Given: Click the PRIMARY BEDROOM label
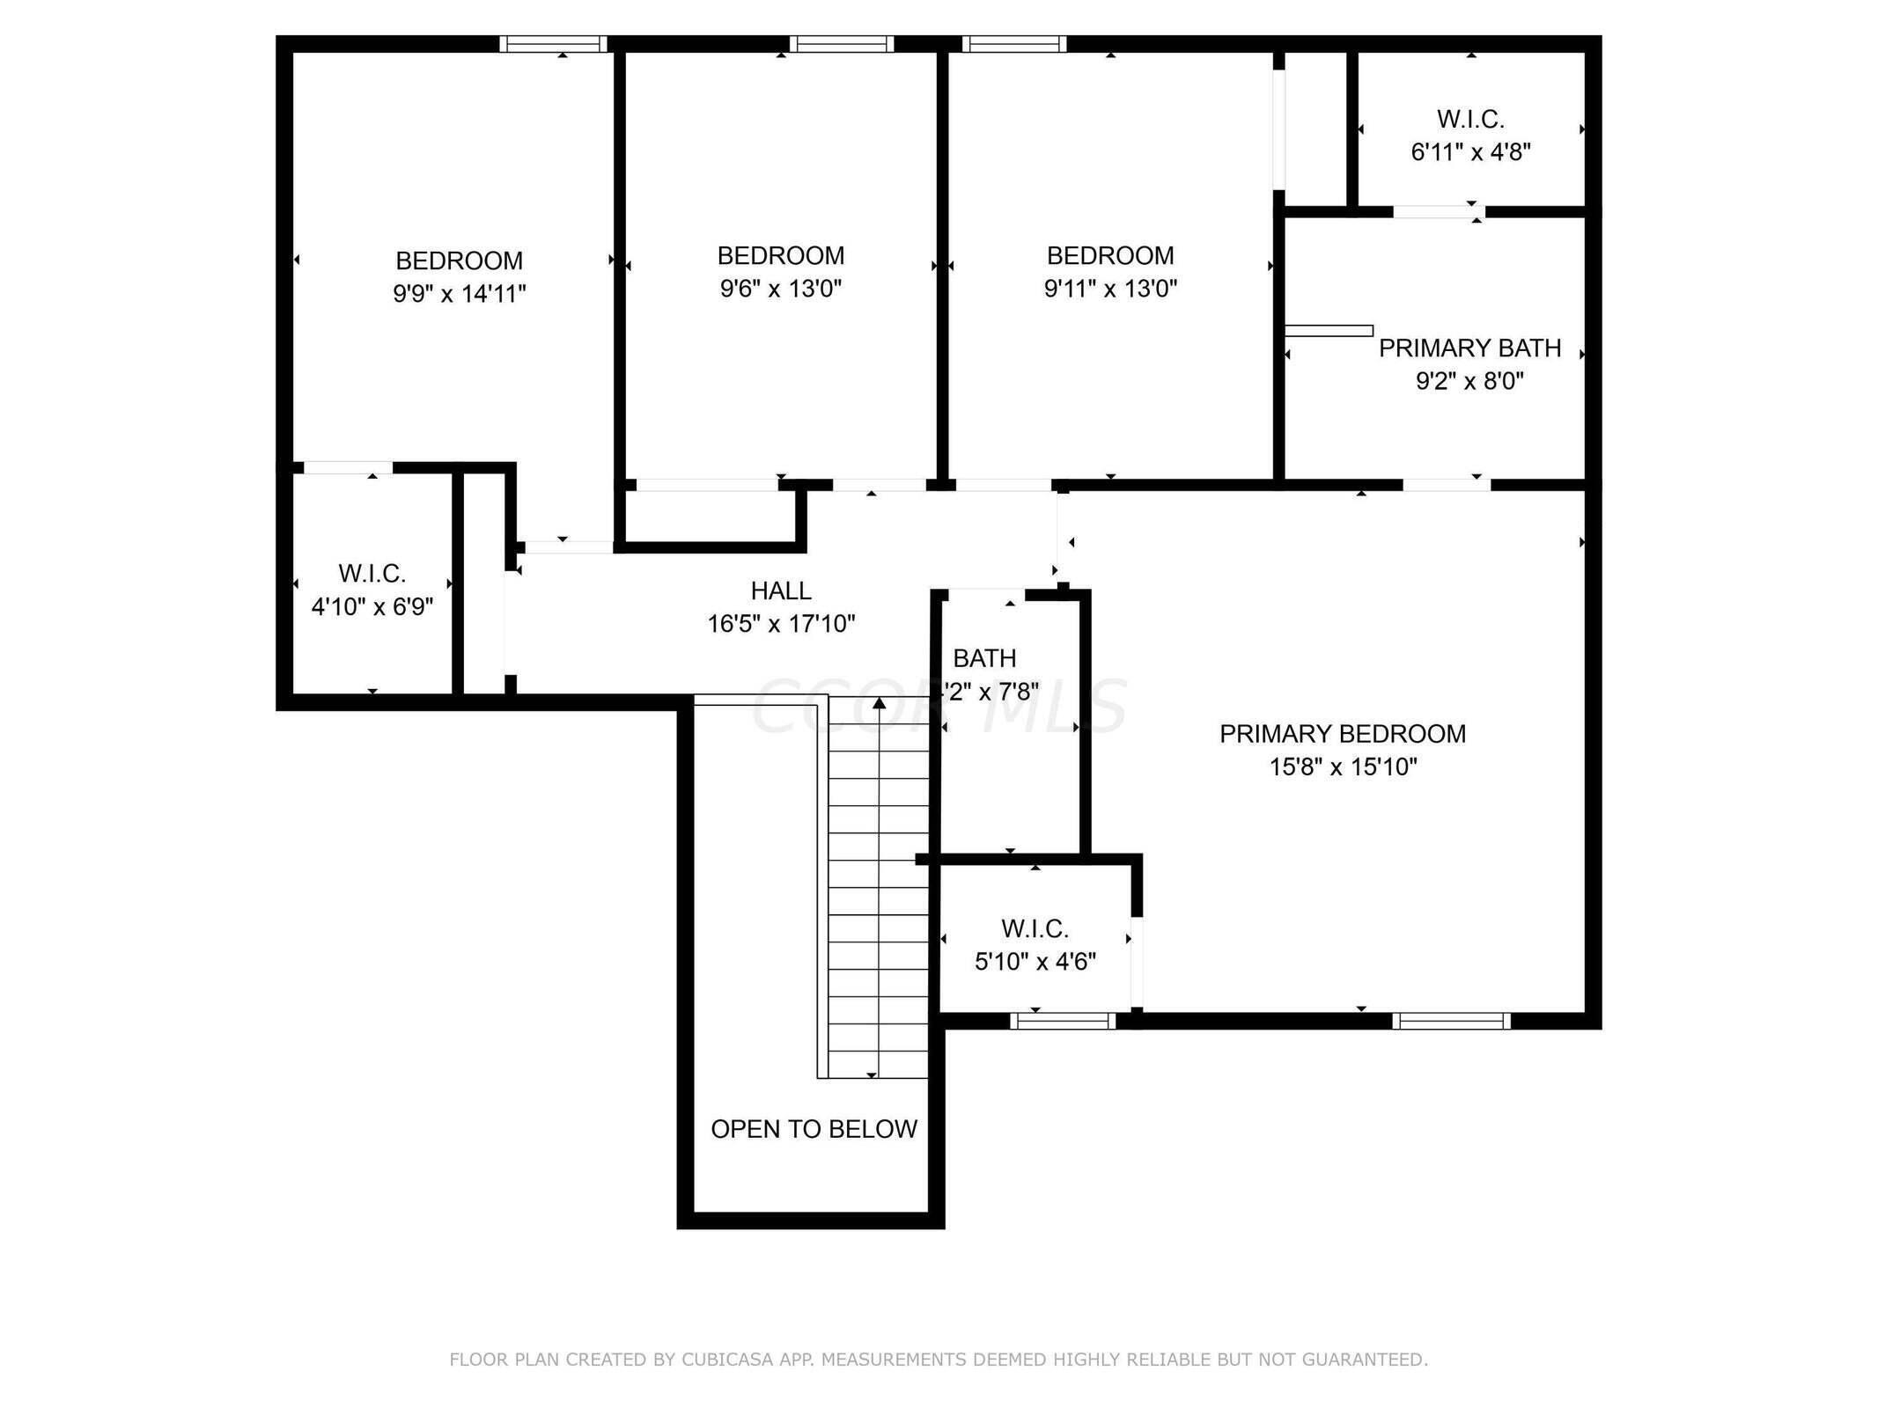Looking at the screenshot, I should pyautogui.click(x=1342, y=734).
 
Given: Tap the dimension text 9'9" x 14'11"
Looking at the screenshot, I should pyautogui.click(x=459, y=294).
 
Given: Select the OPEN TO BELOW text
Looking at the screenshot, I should pyautogui.click(x=814, y=1129).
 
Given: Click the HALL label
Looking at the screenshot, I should pyautogui.click(x=781, y=590).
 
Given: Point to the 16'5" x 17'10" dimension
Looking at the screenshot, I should pyautogui.click(x=781, y=624).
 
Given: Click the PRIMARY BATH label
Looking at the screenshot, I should pyautogui.click(x=1469, y=348).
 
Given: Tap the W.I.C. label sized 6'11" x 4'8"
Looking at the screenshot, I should pyautogui.click(x=1470, y=119).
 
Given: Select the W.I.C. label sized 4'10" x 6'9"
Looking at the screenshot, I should pyautogui.click(x=372, y=574).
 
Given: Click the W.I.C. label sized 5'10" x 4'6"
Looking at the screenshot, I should pyautogui.click(x=1035, y=928).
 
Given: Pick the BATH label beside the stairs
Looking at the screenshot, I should pyautogui.click(x=984, y=658).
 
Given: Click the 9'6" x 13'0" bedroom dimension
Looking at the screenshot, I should pyautogui.click(x=781, y=289).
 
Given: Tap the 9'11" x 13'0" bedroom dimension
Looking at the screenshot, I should pyautogui.click(x=1110, y=289).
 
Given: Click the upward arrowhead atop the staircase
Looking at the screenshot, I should pyautogui.click(x=879, y=703).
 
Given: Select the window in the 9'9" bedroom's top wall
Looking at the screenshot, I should pyautogui.click(x=554, y=44).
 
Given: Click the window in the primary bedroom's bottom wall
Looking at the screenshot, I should pyautogui.click(x=1451, y=1021).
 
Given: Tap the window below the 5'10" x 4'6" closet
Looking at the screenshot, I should pyautogui.click(x=1063, y=1021).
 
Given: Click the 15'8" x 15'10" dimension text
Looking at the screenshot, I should pyautogui.click(x=1342, y=767).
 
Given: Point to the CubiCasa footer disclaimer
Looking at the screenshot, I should pyautogui.click(x=939, y=1360).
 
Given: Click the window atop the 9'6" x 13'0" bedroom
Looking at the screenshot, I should pyautogui.click(x=841, y=44).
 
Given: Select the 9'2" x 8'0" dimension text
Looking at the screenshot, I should pyautogui.click(x=1469, y=382).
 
